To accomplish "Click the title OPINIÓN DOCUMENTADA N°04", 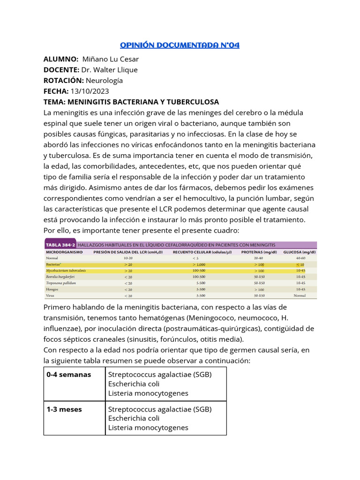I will pos(180,45).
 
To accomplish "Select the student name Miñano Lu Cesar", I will pos(110,59).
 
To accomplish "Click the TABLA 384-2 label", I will pos(60,245).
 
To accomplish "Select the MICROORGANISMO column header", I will pos(64,252).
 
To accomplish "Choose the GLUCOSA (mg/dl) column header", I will pos(300,252).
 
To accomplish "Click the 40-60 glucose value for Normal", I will pos(300,258).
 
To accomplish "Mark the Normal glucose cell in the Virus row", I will pos(300,296).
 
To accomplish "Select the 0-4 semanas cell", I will pos(69,375).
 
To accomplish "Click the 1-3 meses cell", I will pos(64,409).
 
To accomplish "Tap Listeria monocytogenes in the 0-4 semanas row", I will pos(148,393).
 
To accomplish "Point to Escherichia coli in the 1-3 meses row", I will pos(134,418).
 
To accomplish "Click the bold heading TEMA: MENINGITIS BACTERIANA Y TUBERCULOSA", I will pos(131,102).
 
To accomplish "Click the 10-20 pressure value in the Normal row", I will pos(128,258).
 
